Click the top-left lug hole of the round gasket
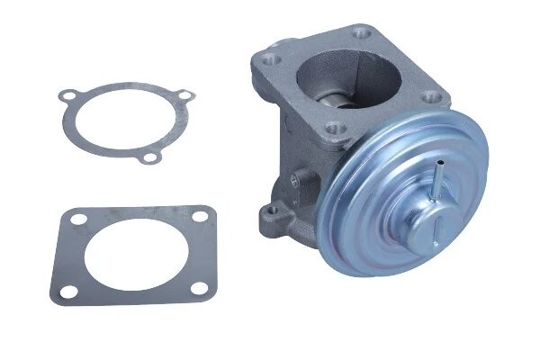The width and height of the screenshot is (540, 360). point(66,94)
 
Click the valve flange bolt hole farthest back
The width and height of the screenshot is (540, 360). point(363,35)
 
